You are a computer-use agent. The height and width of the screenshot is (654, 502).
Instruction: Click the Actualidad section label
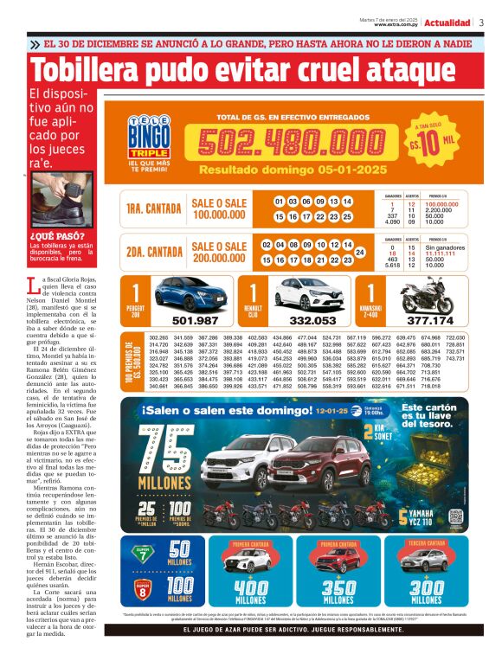click(x=447, y=22)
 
